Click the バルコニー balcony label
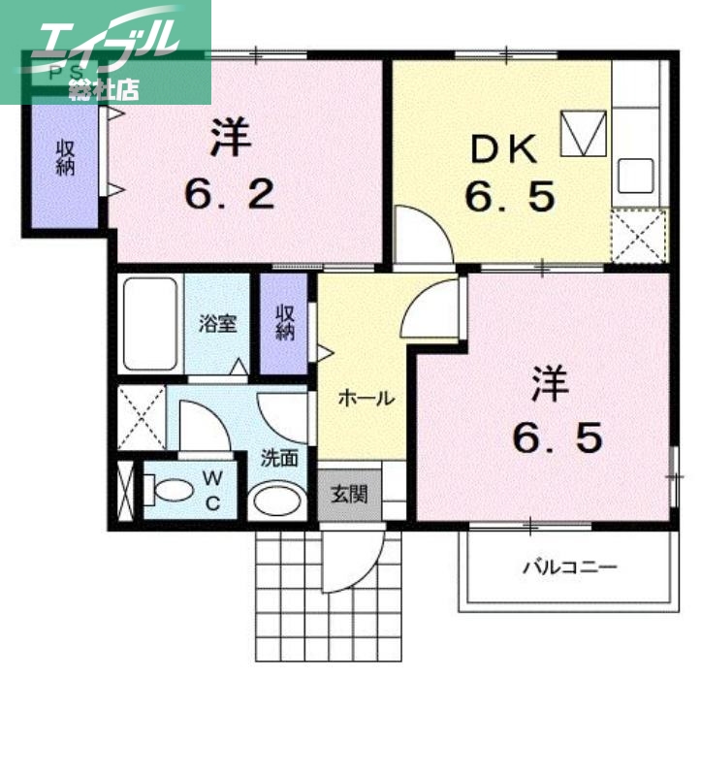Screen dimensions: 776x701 click(570, 566)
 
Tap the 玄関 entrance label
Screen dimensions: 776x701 click(350, 494)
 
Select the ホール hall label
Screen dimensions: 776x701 click(366, 398)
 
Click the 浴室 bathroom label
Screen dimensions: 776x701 click(218, 324)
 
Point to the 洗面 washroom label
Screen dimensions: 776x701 click(278, 458)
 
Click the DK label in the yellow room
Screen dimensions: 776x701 click(502, 150)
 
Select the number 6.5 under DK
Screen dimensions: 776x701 click(510, 197)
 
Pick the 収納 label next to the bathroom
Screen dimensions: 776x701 click(284, 322)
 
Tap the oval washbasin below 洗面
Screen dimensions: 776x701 click(277, 501)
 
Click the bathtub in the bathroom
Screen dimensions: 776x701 click(150, 325)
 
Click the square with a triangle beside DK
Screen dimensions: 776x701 click(584, 134)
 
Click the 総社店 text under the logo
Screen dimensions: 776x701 click(105, 89)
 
